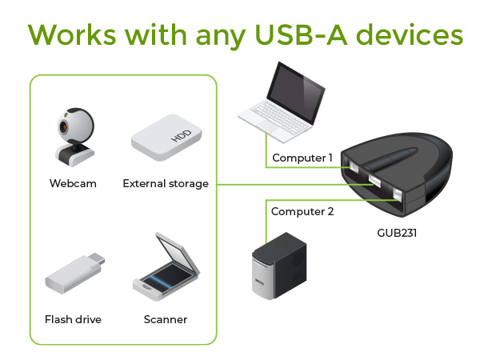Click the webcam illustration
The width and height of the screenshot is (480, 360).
point(71,137)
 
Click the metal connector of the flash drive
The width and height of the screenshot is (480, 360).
point(94,259)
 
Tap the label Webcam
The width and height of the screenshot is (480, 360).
point(73,183)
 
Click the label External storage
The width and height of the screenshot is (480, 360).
point(166,183)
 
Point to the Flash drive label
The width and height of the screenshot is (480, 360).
point(73,319)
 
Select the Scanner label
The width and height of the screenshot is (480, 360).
point(166,319)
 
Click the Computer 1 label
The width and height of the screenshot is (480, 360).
point(302,158)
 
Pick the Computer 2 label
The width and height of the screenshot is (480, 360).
point(302,212)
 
